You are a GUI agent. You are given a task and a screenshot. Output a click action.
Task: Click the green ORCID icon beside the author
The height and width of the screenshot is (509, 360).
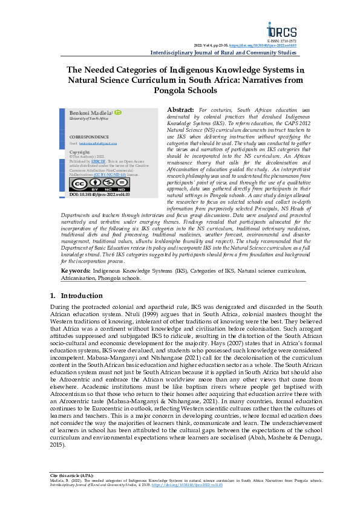tap(119, 112)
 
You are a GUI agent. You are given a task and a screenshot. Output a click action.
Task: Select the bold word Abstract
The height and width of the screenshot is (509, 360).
tap(181, 110)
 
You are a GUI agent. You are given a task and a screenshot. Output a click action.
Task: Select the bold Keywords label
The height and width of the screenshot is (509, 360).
tap(76, 288)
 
